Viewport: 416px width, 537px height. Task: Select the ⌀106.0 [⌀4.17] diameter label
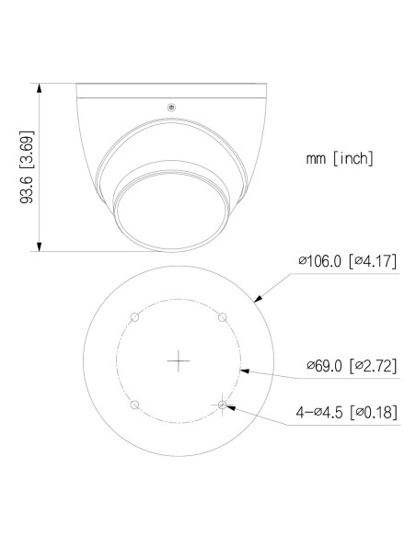click(x=348, y=261)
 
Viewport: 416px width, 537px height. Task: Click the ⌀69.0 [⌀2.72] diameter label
click(x=352, y=366)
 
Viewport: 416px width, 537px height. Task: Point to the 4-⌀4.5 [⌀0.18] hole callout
click(x=348, y=412)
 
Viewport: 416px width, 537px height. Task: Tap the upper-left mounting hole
click(x=134, y=317)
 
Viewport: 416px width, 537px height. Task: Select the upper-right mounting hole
click(x=222, y=317)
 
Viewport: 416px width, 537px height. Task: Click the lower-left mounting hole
click(x=134, y=405)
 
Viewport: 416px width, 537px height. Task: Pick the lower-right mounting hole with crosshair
click(x=222, y=405)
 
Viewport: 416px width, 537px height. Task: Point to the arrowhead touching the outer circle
click(x=259, y=297)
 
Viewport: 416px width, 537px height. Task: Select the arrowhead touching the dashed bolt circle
click(x=242, y=370)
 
